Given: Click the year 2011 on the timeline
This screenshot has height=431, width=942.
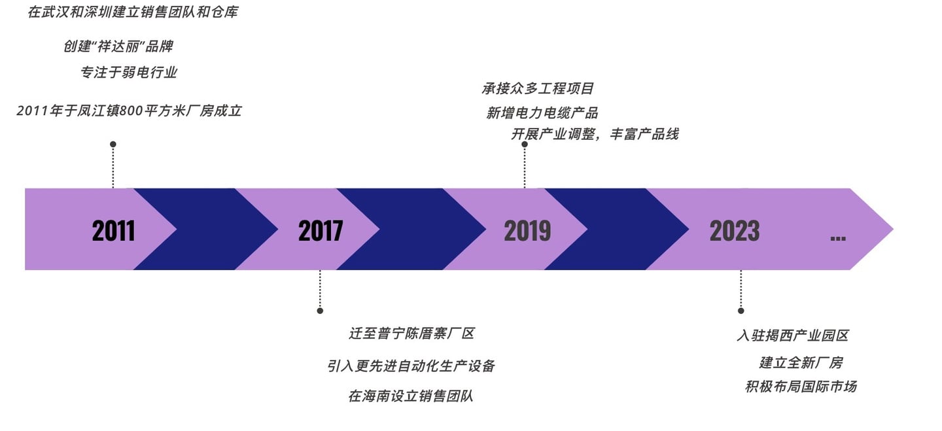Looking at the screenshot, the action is (x=113, y=231).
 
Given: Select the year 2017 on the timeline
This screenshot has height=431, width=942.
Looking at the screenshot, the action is (x=321, y=231).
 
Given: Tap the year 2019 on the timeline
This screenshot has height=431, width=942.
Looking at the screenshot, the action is (x=527, y=231).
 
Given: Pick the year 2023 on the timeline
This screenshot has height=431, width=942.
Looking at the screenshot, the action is (x=735, y=231).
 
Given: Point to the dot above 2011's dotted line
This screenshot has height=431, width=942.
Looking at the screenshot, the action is (x=113, y=144).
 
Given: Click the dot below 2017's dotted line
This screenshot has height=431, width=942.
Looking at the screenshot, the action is (x=320, y=311).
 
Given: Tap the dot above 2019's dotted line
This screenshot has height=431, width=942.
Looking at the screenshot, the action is (x=525, y=144).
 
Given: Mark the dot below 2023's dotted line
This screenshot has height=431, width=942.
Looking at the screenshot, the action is (x=741, y=311).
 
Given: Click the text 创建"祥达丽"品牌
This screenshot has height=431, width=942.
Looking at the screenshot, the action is (x=118, y=47).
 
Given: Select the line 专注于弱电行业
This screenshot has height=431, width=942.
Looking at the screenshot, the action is (x=129, y=73).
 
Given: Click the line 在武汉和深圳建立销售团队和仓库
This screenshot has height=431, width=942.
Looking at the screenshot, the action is (x=133, y=12).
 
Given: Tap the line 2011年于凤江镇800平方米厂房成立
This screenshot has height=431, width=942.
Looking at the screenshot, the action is (x=129, y=111).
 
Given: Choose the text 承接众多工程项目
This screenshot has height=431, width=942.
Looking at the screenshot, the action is (x=538, y=88).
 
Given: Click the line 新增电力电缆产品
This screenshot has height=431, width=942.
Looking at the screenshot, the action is (x=542, y=113).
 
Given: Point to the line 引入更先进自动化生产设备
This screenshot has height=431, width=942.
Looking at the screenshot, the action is (x=411, y=366).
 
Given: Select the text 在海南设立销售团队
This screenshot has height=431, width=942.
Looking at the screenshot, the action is (x=411, y=396).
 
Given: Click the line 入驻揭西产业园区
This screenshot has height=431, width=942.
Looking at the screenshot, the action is (x=792, y=336).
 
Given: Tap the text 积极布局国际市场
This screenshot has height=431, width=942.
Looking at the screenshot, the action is (x=801, y=387).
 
